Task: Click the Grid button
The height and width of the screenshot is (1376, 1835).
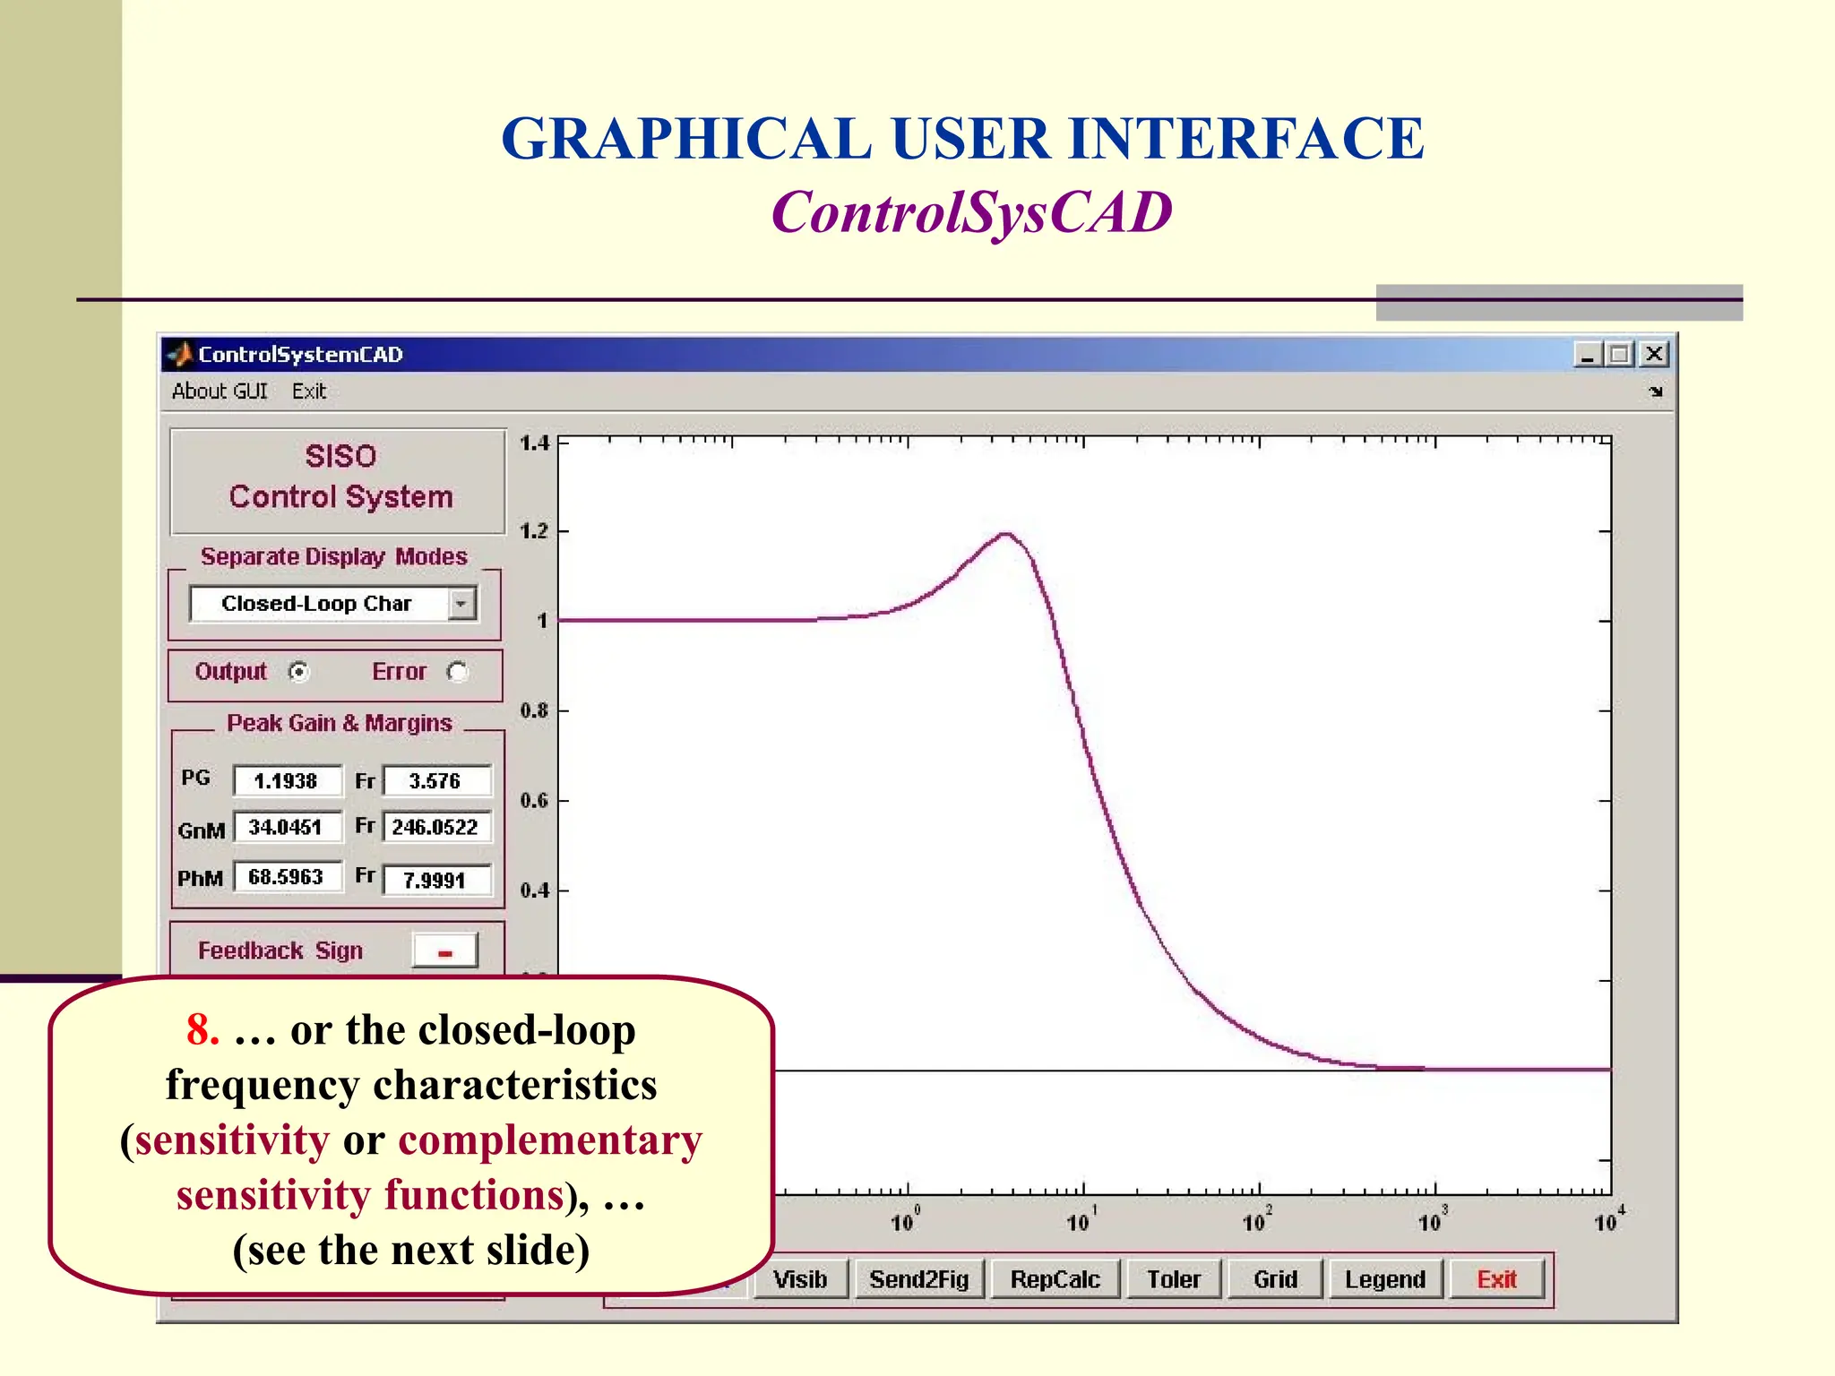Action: click(x=1275, y=1279)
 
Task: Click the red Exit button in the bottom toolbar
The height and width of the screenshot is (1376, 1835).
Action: click(x=1496, y=1279)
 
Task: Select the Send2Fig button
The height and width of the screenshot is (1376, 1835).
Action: click(x=919, y=1279)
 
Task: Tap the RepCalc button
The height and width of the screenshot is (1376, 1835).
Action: click(x=1055, y=1279)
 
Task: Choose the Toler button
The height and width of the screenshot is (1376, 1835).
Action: click(x=1173, y=1279)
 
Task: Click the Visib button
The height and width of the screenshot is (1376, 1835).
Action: click(x=800, y=1279)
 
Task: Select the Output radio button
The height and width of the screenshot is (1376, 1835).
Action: click(x=299, y=672)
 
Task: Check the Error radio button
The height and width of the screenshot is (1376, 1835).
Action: click(x=458, y=672)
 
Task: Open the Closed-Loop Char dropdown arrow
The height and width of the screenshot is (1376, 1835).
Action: click(x=461, y=604)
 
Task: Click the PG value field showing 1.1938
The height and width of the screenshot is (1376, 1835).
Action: click(x=287, y=781)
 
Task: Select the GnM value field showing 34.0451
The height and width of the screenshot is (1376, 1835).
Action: click(x=287, y=827)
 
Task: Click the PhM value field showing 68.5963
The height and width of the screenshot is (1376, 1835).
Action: click(x=287, y=877)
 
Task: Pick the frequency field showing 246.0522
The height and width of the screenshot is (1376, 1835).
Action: click(x=436, y=827)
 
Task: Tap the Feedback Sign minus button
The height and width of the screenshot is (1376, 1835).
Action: click(x=445, y=951)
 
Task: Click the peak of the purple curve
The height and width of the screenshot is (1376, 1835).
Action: click(x=1007, y=535)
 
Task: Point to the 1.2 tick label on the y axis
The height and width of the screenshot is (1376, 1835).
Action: click(x=534, y=531)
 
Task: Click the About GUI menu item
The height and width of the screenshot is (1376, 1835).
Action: click(x=220, y=391)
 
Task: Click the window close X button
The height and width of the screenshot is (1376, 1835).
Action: click(x=1654, y=355)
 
